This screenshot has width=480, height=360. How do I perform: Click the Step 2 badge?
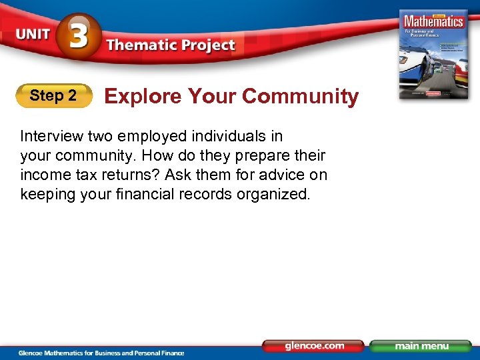(x=53, y=96)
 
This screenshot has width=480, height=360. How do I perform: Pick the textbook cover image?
(x=433, y=54)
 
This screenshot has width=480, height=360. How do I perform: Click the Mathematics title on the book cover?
(x=434, y=21)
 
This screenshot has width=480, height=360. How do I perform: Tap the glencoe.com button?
(x=313, y=346)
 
